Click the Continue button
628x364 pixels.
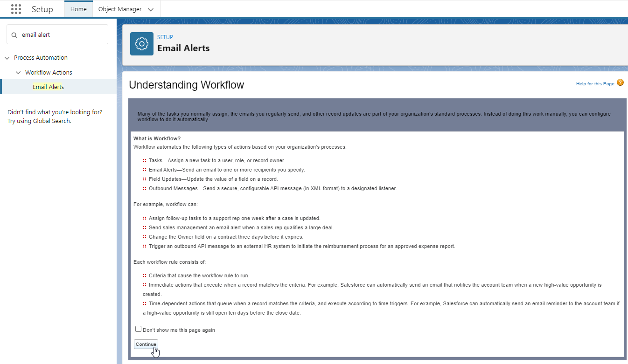pyautogui.click(x=146, y=344)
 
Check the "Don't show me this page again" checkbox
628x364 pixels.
pyautogui.click(x=138, y=329)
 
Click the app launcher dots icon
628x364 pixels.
pyautogui.click(x=16, y=9)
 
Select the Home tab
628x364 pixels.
pyautogui.click(x=78, y=9)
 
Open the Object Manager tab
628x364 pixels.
pyautogui.click(x=120, y=9)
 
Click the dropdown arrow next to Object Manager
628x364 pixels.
pyautogui.click(x=150, y=9)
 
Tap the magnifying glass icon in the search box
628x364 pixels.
pyautogui.click(x=14, y=35)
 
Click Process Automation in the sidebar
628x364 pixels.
pyautogui.click(x=41, y=58)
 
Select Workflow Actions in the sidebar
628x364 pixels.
pyautogui.click(x=49, y=73)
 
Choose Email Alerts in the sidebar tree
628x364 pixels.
pyautogui.click(x=48, y=87)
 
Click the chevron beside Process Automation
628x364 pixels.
pyautogui.click(x=7, y=58)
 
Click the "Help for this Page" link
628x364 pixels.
pyautogui.click(x=595, y=84)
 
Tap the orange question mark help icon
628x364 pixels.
pyautogui.click(x=620, y=82)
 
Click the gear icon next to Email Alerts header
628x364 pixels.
pyautogui.click(x=142, y=44)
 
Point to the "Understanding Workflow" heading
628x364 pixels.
pyautogui.click(x=186, y=85)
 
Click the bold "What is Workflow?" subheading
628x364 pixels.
pyautogui.click(x=157, y=138)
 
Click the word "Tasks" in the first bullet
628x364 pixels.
pyautogui.click(x=156, y=160)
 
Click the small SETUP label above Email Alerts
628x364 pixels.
pyautogui.click(x=165, y=37)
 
